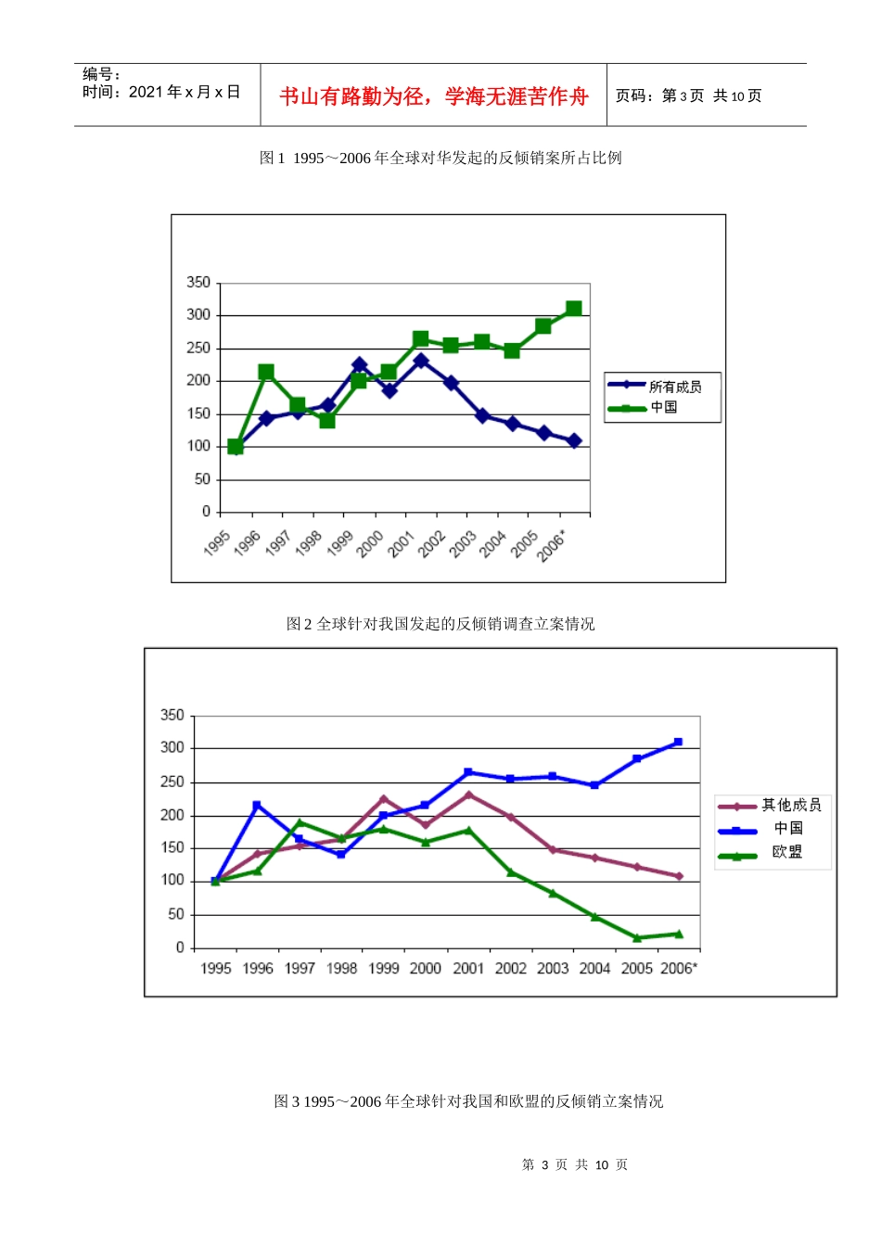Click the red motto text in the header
(434, 96)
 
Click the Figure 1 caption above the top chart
(440, 159)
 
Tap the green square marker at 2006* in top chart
(573, 309)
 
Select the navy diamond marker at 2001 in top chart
(421, 361)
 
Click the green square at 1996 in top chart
(266, 373)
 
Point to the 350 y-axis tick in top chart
(198, 283)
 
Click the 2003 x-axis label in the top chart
(463, 543)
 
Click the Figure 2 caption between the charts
(440, 624)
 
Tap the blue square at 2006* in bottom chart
(678, 742)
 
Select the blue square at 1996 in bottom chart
(257, 805)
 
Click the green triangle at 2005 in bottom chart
(637, 938)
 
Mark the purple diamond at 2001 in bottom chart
(468, 795)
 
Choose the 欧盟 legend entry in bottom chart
(787, 852)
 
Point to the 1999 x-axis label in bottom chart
(384, 969)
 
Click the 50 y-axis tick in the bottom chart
(176, 914)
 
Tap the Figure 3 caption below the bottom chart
(468, 1101)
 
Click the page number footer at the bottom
(575, 1164)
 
